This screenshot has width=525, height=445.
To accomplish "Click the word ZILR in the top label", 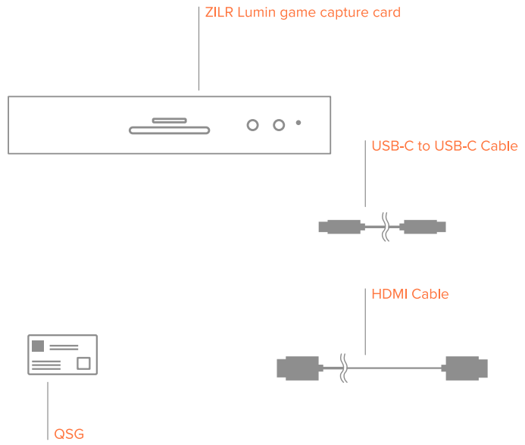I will pos(220,13).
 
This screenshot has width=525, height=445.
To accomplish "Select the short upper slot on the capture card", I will pos(169,120).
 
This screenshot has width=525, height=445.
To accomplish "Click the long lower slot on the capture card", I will pos(169,130).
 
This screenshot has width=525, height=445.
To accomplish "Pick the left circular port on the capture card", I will pos(253,124).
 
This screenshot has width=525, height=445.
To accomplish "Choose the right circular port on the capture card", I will pos(279,124).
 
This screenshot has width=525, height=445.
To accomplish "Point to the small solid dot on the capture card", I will pos(298,123).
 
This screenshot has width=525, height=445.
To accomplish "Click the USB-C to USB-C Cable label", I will pos(444,146).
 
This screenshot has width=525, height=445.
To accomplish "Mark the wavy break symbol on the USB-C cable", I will pos(386,226).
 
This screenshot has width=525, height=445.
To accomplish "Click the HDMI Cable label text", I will pos(410,293).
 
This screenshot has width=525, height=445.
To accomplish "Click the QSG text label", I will pos(69,434).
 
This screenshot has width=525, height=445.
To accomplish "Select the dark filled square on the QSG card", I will pos(37,346).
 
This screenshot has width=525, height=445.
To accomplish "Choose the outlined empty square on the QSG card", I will pos(83,363).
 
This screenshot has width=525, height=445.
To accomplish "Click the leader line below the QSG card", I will pos(48,409).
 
